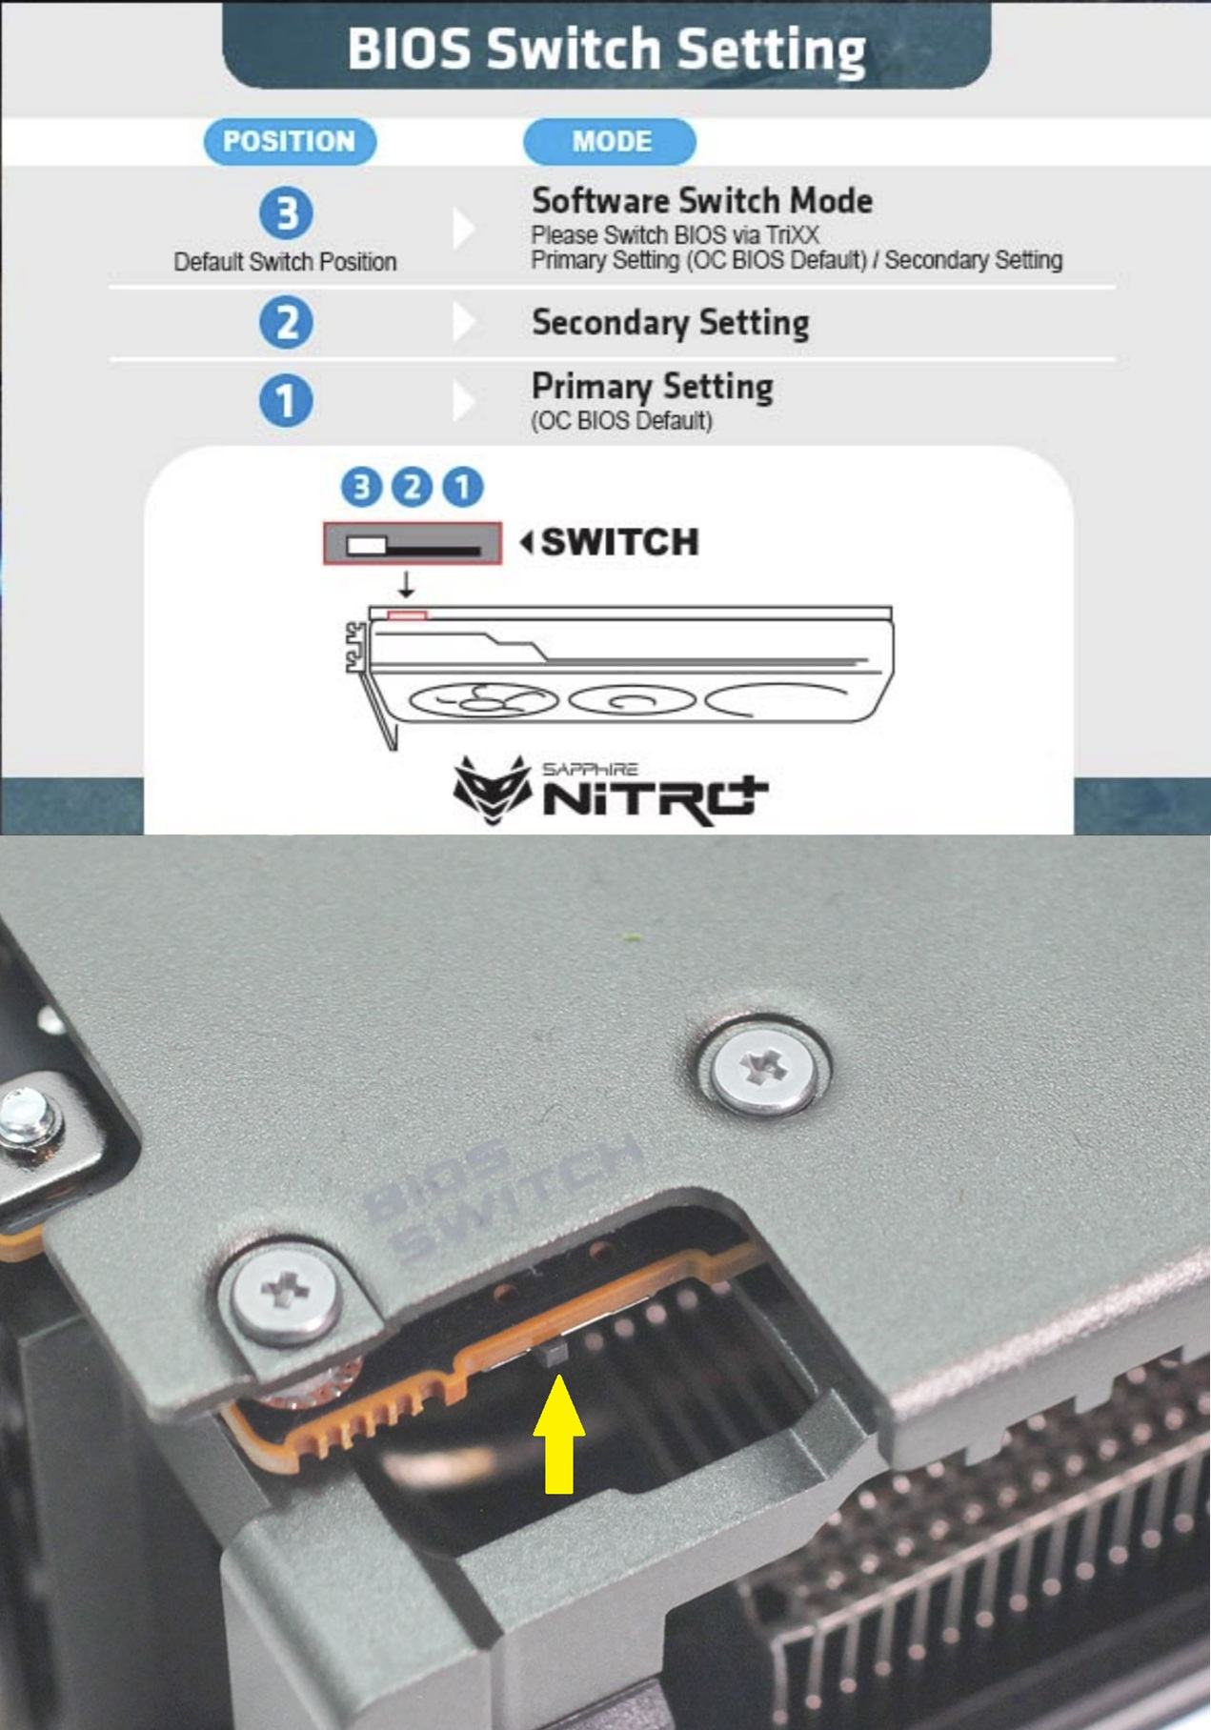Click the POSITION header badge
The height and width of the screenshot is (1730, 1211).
[x=290, y=141]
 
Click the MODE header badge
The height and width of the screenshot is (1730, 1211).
[x=610, y=141]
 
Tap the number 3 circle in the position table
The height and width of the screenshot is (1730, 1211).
[x=286, y=212]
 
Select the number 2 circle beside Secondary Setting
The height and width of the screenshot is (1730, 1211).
[x=286, y=323]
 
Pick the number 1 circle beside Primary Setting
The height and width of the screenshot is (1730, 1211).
[x=286, y=400]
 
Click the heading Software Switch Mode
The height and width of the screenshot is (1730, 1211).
[x=702, y=201]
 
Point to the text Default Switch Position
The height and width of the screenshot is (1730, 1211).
[x=285, y=262]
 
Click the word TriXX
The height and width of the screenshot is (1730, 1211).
[x=793, y=234]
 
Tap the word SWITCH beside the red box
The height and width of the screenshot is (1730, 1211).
[x=620, y=542]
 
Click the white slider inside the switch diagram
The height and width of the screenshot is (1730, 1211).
[x=367, y=546]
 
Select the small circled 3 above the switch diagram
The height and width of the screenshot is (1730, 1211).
[x=361, y=487]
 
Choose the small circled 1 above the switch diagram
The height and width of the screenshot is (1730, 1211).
[x=463, y=487]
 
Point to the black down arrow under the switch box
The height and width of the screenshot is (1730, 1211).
[x=407, y=584]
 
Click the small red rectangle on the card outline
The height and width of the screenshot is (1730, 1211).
[x=407, y=615]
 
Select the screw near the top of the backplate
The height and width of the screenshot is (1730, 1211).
[x=764, y=1067]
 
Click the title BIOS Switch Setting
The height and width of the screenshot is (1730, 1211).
[x=607, y=49]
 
